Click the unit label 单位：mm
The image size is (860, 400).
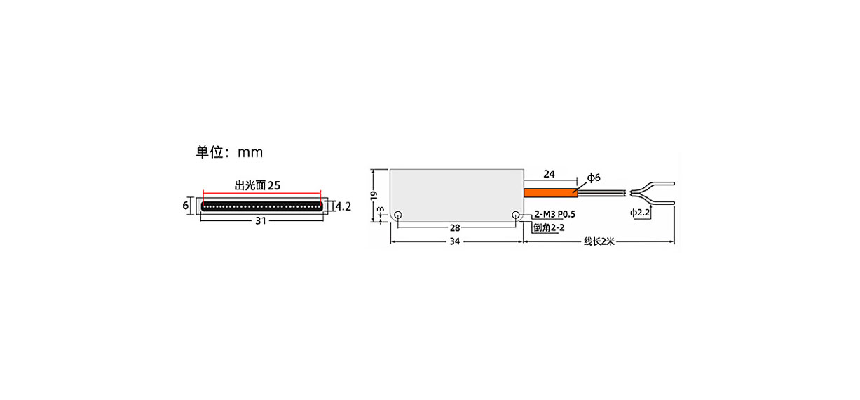229,152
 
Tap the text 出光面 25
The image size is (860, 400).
258,185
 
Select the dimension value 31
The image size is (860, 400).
261,221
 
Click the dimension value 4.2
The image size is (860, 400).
343,207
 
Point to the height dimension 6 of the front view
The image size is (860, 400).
186,206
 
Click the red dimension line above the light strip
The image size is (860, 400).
262,192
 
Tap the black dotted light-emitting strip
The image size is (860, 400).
262,206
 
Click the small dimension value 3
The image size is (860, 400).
381,211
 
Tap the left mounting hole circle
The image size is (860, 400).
398,215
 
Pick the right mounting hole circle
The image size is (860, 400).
516,215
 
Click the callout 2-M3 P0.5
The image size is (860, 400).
555,215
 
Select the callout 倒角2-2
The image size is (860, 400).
549,228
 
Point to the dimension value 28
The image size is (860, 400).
455,228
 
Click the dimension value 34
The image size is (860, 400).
455,241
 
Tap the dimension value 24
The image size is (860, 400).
550,174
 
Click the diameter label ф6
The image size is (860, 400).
594,178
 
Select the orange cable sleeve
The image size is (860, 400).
550,193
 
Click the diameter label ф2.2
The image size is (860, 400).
640,213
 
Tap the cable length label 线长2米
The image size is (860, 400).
599,241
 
